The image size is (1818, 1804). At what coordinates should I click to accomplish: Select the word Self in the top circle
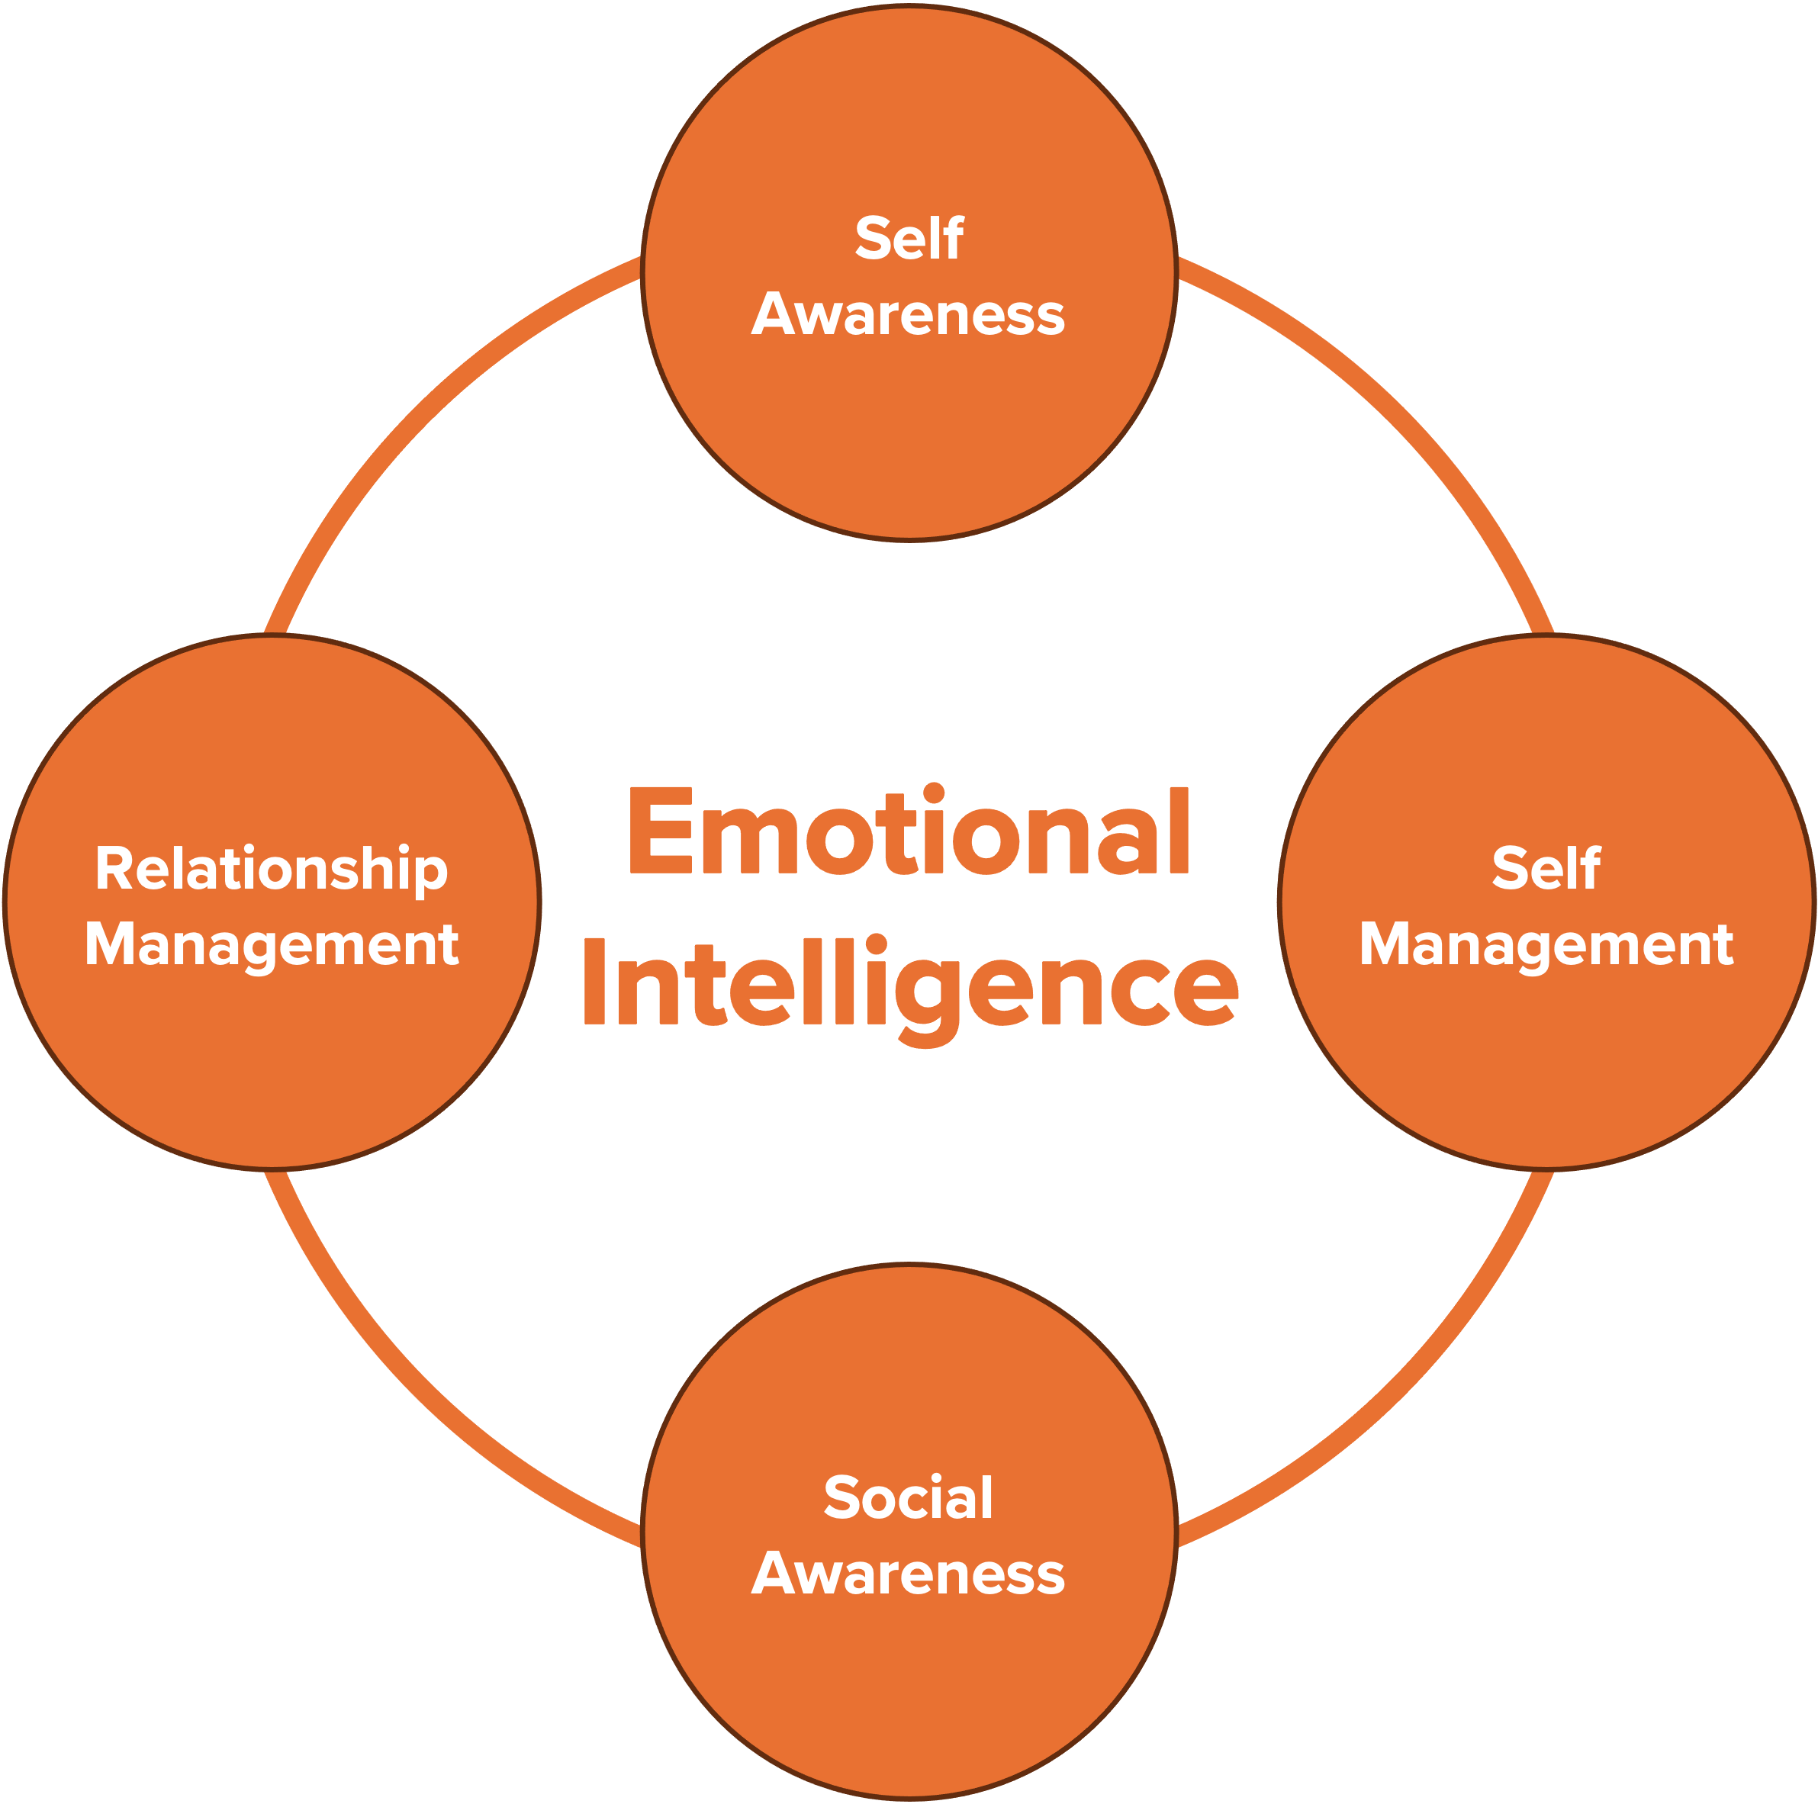(x=909, y=238)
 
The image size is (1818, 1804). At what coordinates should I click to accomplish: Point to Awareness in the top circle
(x=909, y=314)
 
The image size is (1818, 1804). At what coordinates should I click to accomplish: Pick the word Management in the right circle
(x=1546, y=945)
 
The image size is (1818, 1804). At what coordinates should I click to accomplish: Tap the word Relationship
(x=271, y=870)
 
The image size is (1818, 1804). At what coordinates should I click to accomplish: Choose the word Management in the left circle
(x=271, y=945)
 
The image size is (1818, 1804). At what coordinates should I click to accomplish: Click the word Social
(x=909, y=1497)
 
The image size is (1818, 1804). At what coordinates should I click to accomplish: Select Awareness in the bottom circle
(x=909, y=1574)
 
